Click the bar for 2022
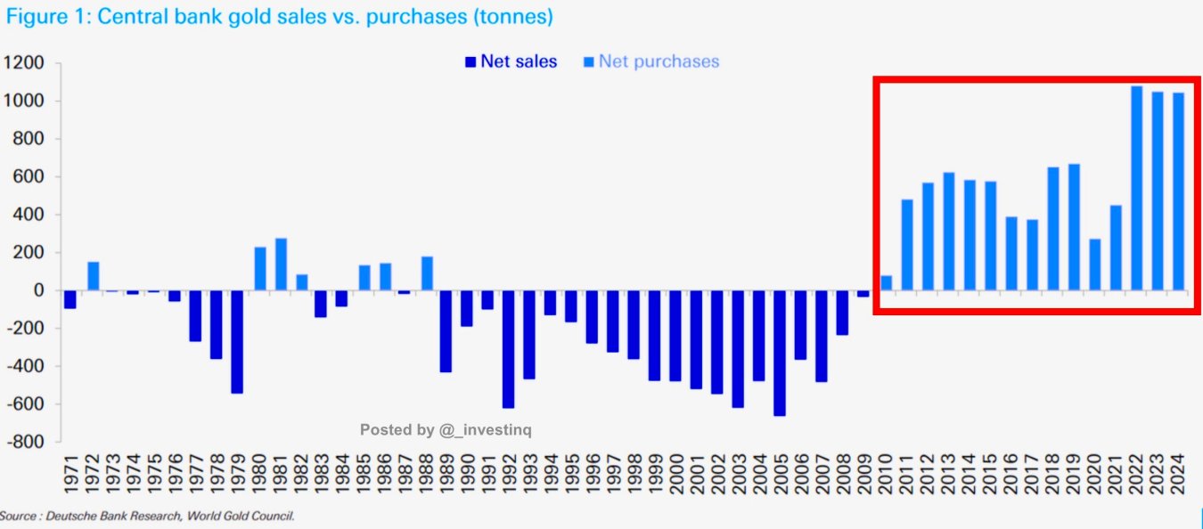[x=1136, y=188]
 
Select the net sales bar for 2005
[x=780, y=353]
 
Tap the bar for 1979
[x=237, y=341]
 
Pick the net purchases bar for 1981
[x=281, y=264]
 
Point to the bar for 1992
[x=508, y=348]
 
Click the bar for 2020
[x=1094, y=264]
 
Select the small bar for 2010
[x=886, y=282]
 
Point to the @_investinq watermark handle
[x=485, y=430]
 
